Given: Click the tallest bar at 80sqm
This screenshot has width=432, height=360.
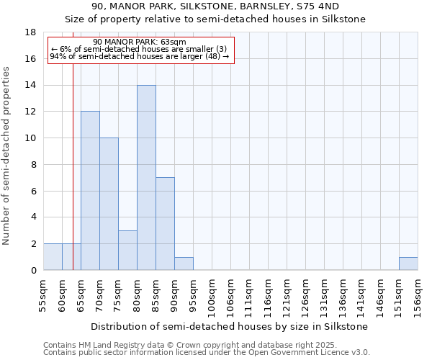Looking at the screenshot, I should click(x=146, y=178).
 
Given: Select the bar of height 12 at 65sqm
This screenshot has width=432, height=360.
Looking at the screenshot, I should click(x=90, y=191).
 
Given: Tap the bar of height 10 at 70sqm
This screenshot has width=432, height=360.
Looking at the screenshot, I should click(x=109, y=204).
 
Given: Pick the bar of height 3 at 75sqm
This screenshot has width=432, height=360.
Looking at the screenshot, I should click(x=127, y=251).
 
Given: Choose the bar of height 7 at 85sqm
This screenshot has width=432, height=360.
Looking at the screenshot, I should click(x=165, y=224).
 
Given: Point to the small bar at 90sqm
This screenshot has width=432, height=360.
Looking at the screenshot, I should click(x=184, y=264).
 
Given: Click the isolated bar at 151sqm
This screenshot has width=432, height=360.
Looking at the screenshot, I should click(x=408, y=264).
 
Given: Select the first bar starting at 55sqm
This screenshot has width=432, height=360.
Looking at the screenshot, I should click(x=53, y=257).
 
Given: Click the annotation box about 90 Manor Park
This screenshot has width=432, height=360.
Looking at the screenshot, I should click(x=140, y=50).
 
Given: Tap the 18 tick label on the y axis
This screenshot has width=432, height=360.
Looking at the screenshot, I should click(x=30, y=32).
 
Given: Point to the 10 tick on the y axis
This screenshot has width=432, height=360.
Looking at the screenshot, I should click(x=30, y=138).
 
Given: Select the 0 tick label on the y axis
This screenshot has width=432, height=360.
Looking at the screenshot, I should click(x=33, y=271).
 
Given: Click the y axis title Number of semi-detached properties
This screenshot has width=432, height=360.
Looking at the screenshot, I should click(x=7, y=156).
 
